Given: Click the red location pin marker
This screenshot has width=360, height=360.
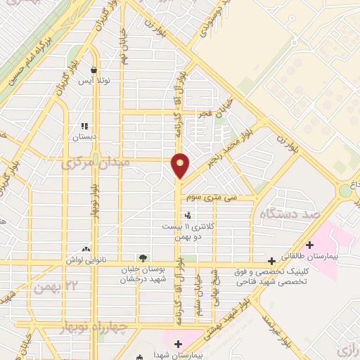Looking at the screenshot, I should click(181, 165).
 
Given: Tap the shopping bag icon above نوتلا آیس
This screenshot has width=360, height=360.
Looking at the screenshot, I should click(94, 70).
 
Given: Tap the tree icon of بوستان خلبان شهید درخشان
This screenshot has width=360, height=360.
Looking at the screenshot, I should click(143, 258).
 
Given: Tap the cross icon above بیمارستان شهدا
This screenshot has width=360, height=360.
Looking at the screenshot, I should click(178, 345).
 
